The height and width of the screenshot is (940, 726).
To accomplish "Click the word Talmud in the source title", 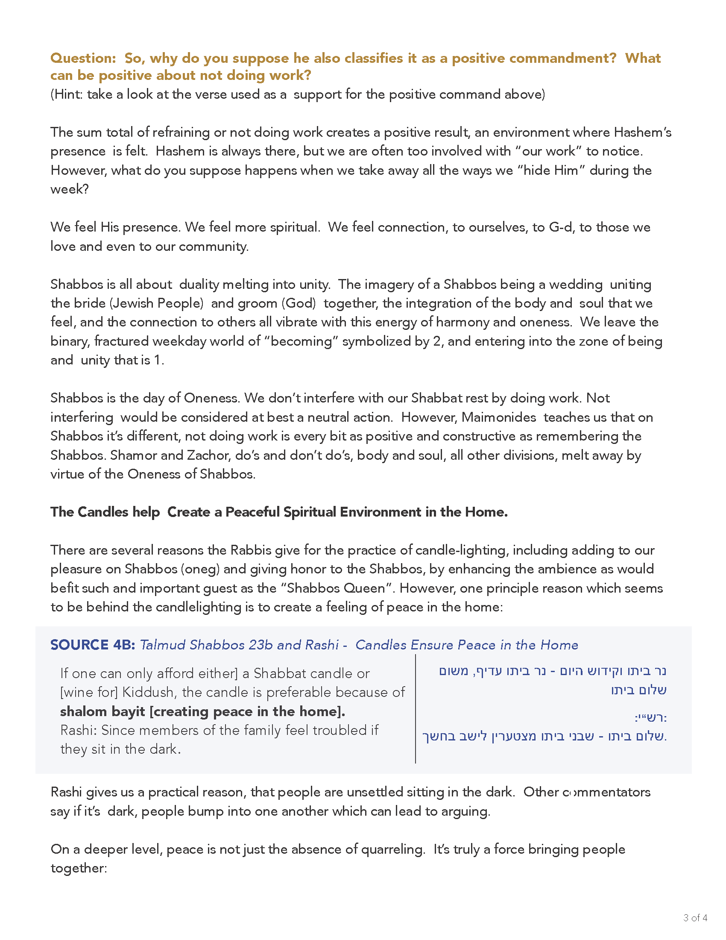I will pos(162,645).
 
